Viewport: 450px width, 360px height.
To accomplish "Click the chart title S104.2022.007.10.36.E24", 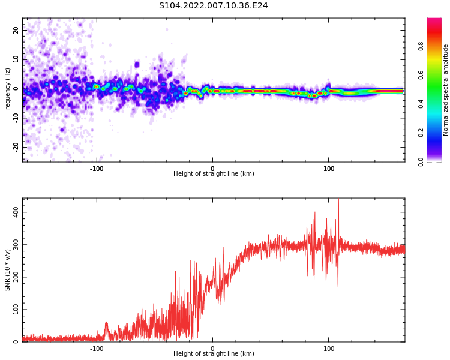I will pos(213,6).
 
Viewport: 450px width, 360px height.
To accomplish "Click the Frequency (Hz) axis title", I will pos(8,90).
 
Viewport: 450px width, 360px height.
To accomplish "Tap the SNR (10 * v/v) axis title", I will pos(8,270).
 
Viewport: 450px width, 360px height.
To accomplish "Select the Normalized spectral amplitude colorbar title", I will pos(446,90).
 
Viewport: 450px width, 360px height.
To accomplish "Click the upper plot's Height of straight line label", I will pos(214,174).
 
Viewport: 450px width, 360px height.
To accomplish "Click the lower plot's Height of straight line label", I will pos(214,354).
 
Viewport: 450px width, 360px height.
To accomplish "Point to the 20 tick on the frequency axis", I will pos(16,31).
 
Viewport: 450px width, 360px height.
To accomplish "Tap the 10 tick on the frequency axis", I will pos(16,59).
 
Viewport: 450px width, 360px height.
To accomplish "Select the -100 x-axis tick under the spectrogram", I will pos(97,169).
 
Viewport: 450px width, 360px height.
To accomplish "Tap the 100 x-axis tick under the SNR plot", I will pos(329,349).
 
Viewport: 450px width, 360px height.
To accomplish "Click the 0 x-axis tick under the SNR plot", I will pos(212,349).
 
